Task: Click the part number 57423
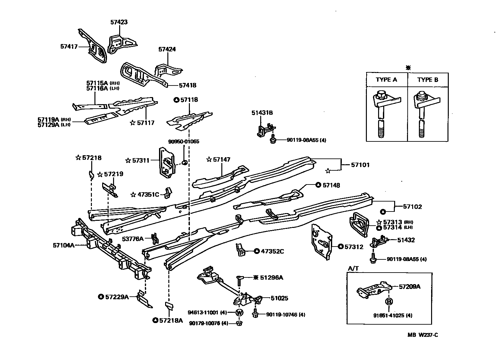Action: [119, 22]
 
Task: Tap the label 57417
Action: [69, 46]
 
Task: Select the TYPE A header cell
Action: [386, 80]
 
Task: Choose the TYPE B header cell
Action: [428, 80]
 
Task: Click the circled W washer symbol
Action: [240, 312]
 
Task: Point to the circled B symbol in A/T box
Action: [389, 301]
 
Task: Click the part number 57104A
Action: [64, 245]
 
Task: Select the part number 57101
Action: [360, 165]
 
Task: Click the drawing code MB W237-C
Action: [423, 335]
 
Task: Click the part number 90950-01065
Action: [183, 141]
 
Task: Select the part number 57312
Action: [354, 247]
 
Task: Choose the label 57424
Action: [167, 50]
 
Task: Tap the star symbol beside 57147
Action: [209, 159]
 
